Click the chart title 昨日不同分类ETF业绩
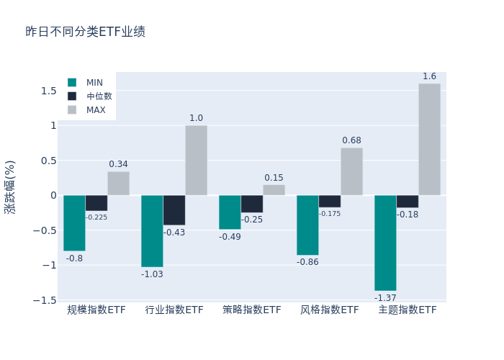coord(85,32)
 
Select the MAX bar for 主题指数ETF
coord(429,140)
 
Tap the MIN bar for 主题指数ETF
coord(385,243)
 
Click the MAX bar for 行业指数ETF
coord(196,161)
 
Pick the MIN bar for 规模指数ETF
coord(74,222)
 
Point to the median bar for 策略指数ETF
coord(251,204)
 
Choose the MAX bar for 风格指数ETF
coord(351,171)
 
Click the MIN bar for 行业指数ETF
coord(152,231)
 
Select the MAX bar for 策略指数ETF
coord(274,190)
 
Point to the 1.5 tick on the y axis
coord(48,91)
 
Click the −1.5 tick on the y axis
coord(46,300)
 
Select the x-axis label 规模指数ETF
coord(96,310)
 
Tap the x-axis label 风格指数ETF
coord(329,310)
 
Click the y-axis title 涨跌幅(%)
coord(10,186)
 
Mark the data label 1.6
coord(429,76)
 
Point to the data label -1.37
coord(385,297)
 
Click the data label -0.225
coord(96,217)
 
